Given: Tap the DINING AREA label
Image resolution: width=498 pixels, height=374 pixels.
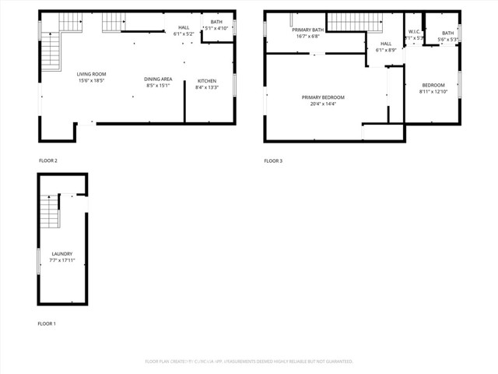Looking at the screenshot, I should (x=157, y=79).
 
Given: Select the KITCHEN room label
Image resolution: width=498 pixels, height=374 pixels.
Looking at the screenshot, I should (x=206, y=81).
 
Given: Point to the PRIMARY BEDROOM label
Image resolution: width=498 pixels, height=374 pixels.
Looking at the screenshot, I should (x=323, y=97).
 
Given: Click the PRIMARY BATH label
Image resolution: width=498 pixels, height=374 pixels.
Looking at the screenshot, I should (x=307, y=30).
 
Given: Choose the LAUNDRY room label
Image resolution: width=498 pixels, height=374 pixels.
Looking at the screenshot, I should (x=62, y=254).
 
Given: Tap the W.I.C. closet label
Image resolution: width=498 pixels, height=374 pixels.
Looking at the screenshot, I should (x=414, y=32).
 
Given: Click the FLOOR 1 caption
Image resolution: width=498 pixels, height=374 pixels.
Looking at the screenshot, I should (x=47, y=323).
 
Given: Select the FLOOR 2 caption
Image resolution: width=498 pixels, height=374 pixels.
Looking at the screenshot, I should (x=48, y=161).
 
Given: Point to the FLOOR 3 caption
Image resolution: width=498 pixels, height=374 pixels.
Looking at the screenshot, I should (x=273, y=161).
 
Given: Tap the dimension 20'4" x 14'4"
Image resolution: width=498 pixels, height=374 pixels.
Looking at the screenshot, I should (x=323, y=104).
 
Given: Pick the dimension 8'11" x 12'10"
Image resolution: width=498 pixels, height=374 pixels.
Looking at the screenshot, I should (x=433, y=91).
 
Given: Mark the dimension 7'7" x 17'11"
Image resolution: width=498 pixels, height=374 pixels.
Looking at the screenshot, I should (x=62, y=260).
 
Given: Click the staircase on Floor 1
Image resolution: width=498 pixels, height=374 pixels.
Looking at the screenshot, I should (x=49, y=212).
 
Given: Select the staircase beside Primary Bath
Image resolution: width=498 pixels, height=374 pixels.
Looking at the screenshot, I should (x=345, y=23).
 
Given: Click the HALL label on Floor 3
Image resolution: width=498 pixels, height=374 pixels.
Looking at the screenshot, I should (x=386, y=44).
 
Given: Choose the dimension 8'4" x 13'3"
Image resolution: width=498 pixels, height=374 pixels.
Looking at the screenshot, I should (x=206, y=87).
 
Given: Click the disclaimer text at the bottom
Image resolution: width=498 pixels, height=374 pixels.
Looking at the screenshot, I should (x=249, y=362).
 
